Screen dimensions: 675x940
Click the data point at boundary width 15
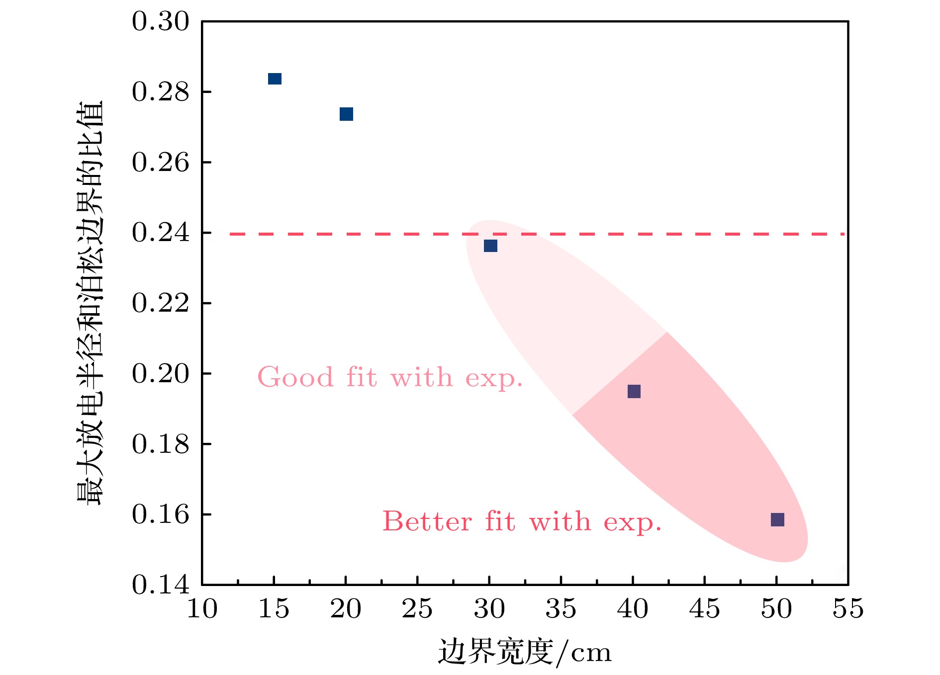[x=275, y=79]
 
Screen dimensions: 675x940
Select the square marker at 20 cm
[x=346, y=114]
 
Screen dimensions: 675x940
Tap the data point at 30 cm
[x=490, y=246]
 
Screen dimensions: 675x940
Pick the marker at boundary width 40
[x=634, y=392]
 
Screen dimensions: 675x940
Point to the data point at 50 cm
[x=777, y=519]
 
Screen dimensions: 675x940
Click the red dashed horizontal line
[x=348, y=234]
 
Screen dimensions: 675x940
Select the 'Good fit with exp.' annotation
[x=390, y=377]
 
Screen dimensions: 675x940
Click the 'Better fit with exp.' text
[x=522, y=522]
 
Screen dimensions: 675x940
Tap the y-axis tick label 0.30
[x=161, y=22]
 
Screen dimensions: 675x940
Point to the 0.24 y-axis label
[x=161, y=233]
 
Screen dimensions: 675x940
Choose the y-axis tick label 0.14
[x=161, y=585]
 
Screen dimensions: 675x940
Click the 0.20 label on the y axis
[x=161, y=374]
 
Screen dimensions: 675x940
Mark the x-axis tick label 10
[x=202, y=609]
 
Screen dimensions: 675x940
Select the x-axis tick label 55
[x=848, y=609]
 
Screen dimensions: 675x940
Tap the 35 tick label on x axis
[x=561, y=609]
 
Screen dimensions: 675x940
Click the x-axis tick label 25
[x=417, y=609]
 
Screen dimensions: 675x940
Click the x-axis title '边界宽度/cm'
[x=525, y=652]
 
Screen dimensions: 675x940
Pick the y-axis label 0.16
[x=161, y=514]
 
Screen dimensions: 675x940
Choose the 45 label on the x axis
[x=704, y=609]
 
